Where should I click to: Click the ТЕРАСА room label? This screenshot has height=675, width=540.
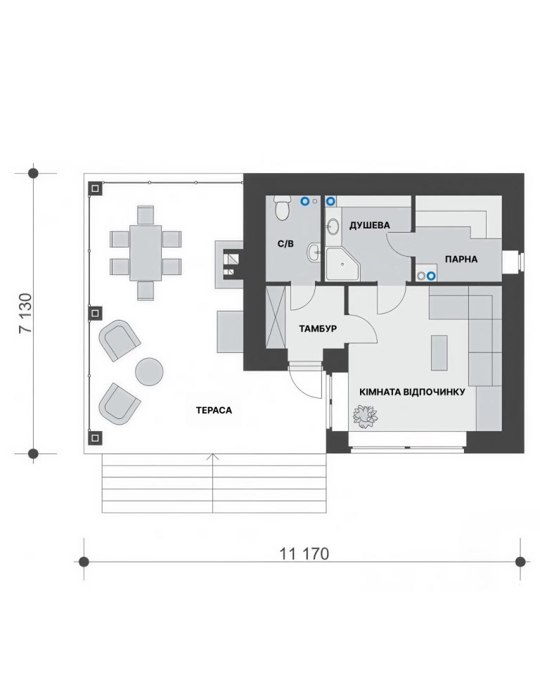(x=214, y=410)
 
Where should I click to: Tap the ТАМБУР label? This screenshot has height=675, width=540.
(x=318, y=329)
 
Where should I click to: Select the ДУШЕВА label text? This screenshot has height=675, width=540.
(x=369, y=225)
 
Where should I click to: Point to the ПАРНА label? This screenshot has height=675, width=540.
(x=461, y=259)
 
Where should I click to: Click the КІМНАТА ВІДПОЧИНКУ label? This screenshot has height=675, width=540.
(x=412, y=392)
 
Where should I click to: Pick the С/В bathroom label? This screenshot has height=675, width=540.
(x=285, y=244)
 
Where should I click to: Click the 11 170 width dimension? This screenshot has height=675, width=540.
(x=304, y=553)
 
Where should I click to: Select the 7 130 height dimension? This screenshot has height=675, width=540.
(x=25, y=313)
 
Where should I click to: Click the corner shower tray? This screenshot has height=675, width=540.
(x=342, y=264)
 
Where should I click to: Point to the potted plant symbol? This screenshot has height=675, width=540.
(x=365, y=416)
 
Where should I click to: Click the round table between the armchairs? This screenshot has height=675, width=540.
(x=150, y=371)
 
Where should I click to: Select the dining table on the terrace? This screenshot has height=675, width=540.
(x=146, y=252)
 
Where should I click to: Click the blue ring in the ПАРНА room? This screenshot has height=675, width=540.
(x=430, y=276)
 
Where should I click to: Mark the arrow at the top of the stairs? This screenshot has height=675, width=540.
(x=213, y=457)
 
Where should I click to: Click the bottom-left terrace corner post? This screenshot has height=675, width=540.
(x=95, y=438)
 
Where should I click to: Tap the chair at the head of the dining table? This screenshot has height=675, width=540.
(x=146, y=215)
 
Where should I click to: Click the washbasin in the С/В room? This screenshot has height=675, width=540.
(x=314, y=252)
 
